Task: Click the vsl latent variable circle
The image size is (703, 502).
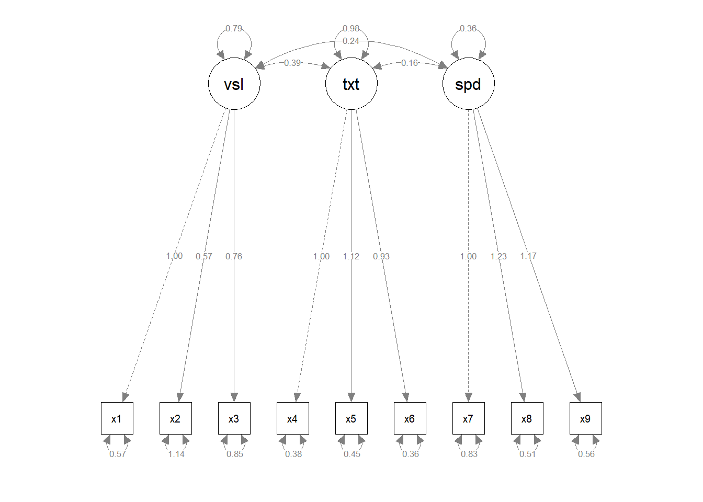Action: [x=234, y=84]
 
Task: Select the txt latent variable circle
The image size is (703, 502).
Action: [x=351, y=84]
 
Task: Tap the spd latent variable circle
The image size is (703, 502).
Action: [x=468, y=84]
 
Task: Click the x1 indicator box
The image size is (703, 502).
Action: [x=117, y=418]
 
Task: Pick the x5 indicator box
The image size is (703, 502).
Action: [x=351, y=418]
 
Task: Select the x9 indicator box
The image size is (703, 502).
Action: [x=585, y=418]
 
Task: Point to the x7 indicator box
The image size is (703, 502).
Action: [x=468, y=418]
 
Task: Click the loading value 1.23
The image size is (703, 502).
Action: [x=498, y=256]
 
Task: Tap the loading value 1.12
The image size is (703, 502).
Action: [x=351, y=256]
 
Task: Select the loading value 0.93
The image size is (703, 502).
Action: [x=381, y=256]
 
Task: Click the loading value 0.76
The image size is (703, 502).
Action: [x=234, y=256]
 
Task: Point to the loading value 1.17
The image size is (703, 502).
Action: [x=528, y=256]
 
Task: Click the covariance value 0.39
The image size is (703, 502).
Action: [x=292, y=63]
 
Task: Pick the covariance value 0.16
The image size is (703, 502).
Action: [x=410, y=63]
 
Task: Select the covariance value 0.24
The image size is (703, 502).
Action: [x=351, y=41]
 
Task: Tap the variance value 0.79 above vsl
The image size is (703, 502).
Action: [x=234, y=28]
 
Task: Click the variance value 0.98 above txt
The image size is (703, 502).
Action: [x=351, y=28]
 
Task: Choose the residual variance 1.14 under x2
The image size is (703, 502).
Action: [x=176, y=454]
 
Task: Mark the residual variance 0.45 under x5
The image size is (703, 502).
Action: [x=352, y=454]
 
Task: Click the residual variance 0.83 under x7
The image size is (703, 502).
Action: [x=469, y=454]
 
